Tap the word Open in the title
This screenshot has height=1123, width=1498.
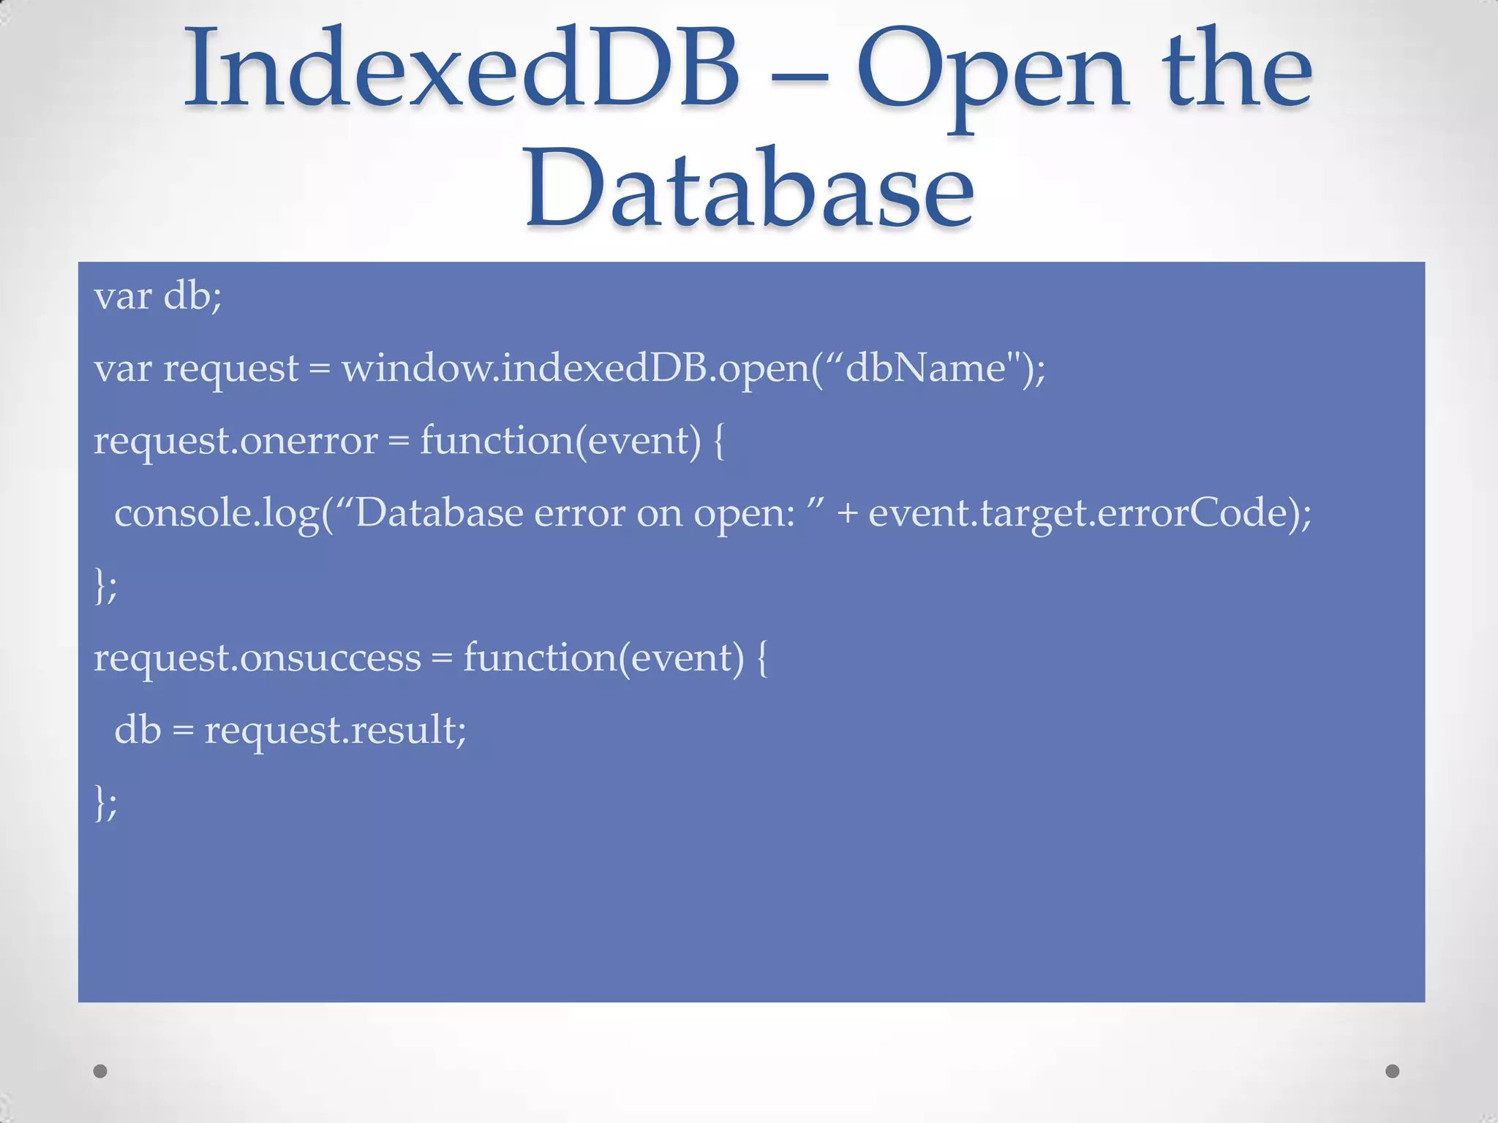click(x=991, y=73)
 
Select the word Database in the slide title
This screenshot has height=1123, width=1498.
click(x=749, y=189)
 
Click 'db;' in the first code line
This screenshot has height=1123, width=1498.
click(x=192, y=296)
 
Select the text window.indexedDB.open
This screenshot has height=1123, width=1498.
click(x=576, y=368)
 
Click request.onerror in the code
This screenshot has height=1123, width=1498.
click(x=236, y=441)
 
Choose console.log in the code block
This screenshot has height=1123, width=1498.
click(x=217, y=513)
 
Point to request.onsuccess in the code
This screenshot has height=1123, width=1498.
click(x=257, y=657)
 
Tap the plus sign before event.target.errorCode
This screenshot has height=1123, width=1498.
click(x=847, y=513)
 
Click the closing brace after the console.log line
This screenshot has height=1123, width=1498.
click(x=100, y=585)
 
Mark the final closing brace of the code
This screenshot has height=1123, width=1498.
click(x=100, y=802)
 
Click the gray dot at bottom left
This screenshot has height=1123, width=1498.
click(x=100, y=1071)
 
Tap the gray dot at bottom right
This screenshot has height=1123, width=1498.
click(x=1393, y=1071)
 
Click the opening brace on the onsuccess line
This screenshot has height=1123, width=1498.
click(x=761, y=657)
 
